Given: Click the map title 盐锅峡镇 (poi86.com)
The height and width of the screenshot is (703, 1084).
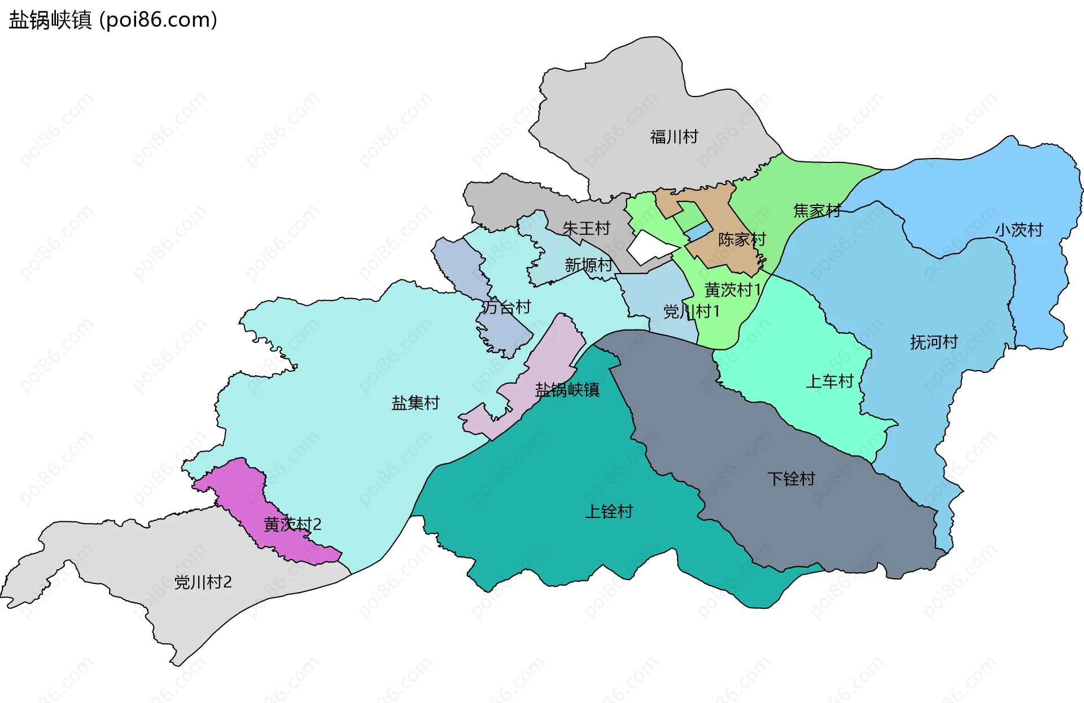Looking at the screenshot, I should point(113,20).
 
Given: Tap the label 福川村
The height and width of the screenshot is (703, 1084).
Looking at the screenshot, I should point(674,137).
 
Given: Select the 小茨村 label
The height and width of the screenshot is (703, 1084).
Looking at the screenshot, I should point(1019,230).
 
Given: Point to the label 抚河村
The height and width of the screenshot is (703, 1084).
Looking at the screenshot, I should point(934,342).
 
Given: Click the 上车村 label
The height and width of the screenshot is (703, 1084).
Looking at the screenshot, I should point(829,381).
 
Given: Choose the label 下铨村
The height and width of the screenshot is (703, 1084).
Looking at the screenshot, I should point(791,479).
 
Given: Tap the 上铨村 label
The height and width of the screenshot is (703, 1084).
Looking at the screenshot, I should point(609,511).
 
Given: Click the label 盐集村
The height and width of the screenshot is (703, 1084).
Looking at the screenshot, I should point(416,403).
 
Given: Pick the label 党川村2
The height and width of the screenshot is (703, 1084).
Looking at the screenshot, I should point(203,582).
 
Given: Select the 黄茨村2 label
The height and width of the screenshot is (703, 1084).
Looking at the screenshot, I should point(292,524).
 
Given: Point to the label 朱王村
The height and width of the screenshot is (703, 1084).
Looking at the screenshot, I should point(587,228).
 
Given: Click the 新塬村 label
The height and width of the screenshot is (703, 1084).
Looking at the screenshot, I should point(588,265).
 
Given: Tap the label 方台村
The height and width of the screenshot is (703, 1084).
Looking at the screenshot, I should point(506,307).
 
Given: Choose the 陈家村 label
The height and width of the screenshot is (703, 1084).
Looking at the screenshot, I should point(742,239).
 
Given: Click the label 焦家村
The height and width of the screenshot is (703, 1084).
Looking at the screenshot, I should point(817,210).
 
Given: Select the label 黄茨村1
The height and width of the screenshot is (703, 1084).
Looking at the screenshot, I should point(733,290).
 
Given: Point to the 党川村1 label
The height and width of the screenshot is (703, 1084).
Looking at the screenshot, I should point(691,311).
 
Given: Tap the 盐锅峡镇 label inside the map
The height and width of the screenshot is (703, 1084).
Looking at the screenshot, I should point(567,389).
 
